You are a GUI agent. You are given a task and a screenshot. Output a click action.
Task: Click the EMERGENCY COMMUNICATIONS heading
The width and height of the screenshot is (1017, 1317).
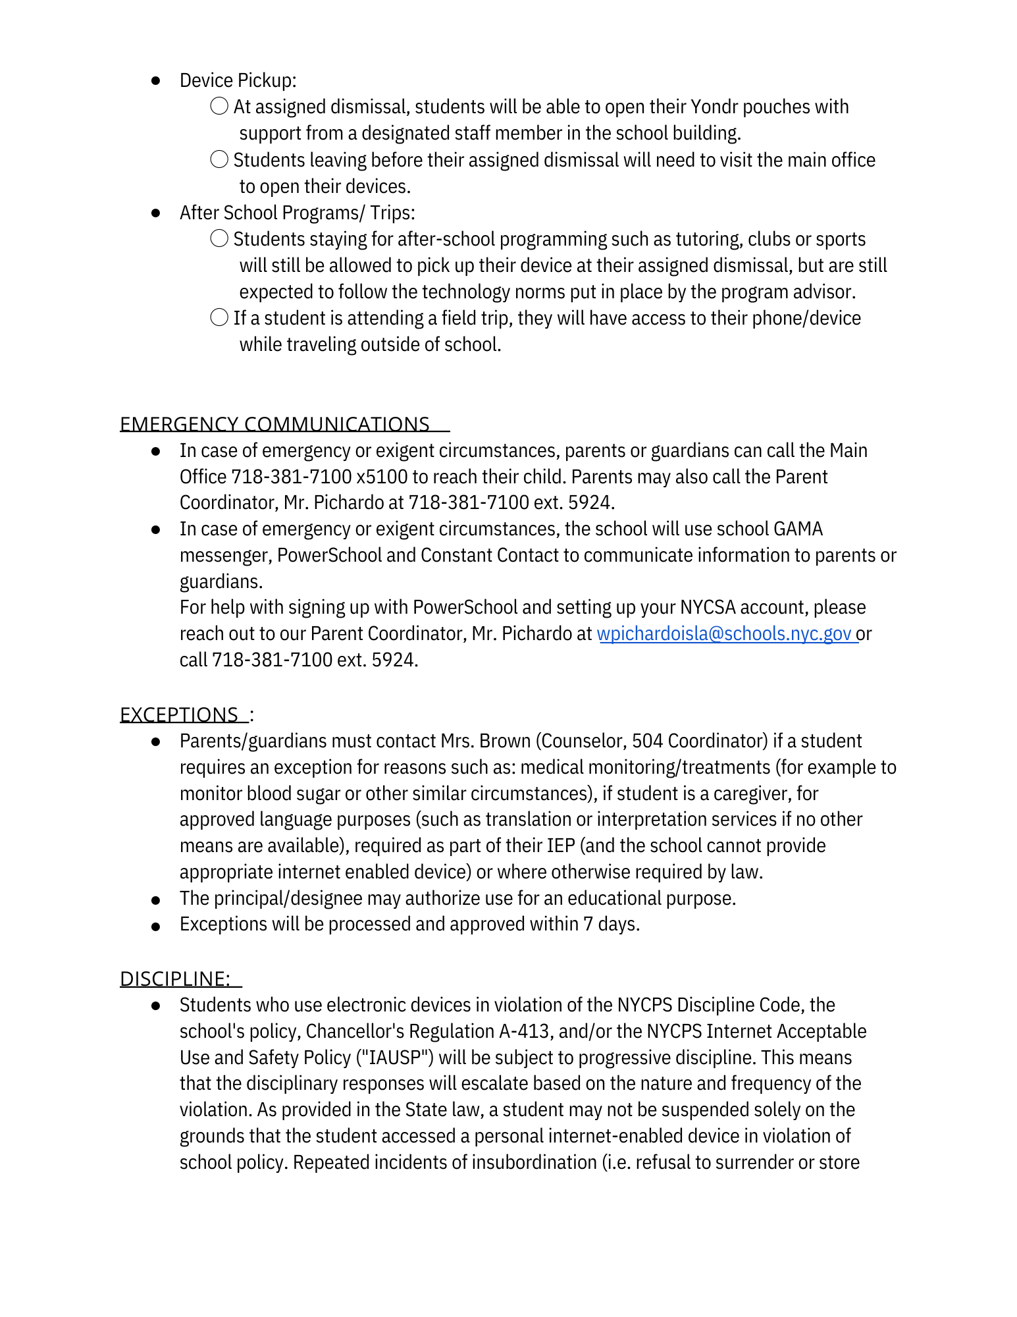pos(274,424)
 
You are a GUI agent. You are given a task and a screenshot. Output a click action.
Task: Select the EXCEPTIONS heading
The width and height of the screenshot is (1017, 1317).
pos(179,714)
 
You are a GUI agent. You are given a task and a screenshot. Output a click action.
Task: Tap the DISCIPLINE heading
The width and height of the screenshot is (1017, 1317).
pos(175,979)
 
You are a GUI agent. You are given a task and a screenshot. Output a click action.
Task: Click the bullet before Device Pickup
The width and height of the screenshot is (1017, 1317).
pos(156,81)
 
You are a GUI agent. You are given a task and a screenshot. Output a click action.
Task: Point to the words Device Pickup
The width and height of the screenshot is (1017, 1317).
pos(238,80)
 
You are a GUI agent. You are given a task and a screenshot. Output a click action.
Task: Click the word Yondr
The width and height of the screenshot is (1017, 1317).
pos(714,107)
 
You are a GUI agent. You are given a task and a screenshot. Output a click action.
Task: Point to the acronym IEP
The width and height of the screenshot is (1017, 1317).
pos(560,846)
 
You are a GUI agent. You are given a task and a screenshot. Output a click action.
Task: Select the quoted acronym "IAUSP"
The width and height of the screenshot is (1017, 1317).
pos(394,1058)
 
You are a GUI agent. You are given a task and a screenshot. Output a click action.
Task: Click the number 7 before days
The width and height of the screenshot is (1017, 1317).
pos(588,925)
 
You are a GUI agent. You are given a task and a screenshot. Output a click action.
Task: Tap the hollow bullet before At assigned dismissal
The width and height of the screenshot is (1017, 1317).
pos(219,106)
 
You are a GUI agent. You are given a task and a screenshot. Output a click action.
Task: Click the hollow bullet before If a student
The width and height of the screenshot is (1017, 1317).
pos(219,317)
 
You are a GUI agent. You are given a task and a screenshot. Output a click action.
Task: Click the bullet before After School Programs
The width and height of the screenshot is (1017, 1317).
pos(156,213)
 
